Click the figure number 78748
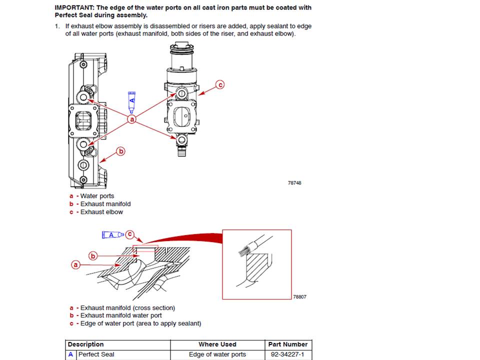(294, 183)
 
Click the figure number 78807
(299, 296)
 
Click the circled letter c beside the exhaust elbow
(220, 84)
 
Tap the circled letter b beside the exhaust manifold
(121, 151)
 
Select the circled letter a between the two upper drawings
(132, 119)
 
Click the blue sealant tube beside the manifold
(131, 102)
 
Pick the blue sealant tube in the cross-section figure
(112, 235)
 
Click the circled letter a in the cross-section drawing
(75, 264)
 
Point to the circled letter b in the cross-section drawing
(93, 255)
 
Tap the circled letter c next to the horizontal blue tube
(130, 234)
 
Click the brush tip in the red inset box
(244, 250)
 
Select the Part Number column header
(288, 344)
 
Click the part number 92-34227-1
(287, 354)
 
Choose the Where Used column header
(217, 344)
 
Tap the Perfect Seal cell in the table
(96, 354)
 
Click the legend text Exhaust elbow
(101, 212)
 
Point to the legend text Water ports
(97, 196)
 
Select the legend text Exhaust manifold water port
(121, 315)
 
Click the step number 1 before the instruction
(57, 26)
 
